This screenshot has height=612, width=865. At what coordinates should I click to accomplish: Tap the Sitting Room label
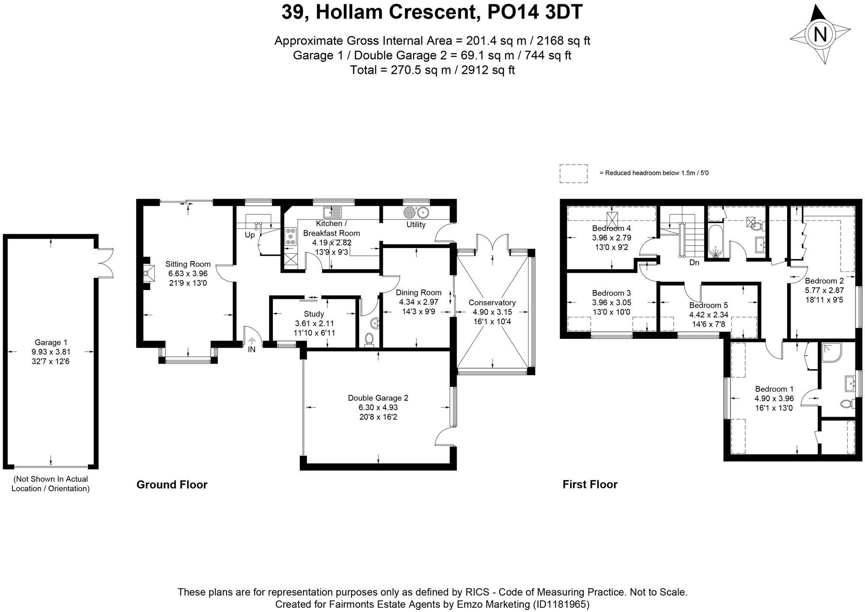pyautogui.click(x=188, y=264)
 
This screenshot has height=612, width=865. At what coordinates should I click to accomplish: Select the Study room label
pyautogui.click(x=314, y=314)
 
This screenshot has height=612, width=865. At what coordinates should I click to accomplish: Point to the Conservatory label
pyautogui.click(x=492, y=303)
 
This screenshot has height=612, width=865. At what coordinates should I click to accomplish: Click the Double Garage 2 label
pyautogui.click(x=378, y=398)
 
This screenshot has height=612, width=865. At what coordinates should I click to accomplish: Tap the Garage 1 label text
pyautogui.click(x=51, y=343)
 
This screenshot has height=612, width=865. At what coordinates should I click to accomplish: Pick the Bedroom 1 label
pyautogui.click(x=774, y=389)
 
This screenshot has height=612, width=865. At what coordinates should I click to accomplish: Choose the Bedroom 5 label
pyautogui.click(x=708, y=306)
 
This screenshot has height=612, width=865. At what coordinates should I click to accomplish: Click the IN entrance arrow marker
pyautogui.click(x=252, y=341)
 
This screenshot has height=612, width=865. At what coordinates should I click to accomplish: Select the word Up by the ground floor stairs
pyautogui.click(x=250, y=235)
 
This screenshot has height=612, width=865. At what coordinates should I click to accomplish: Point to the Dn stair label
pyautogui.click(x=694, y=262)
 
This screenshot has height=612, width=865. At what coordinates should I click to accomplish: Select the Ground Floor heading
pyautogui.click(x=172, y=485)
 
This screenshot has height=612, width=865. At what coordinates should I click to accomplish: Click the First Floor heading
pyautogui.click(x=590, y=484)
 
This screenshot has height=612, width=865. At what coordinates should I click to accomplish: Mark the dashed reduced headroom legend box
pyautogui.click(x=573, y=173)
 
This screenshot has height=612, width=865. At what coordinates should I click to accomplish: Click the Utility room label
pyautogui.click(x=416, y=225)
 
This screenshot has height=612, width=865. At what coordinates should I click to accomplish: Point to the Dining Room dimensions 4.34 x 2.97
pyautogui.click(x=419, y=302)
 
